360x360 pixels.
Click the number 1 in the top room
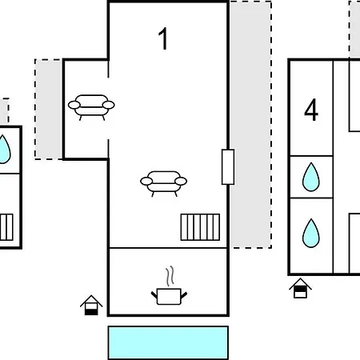(163, 38)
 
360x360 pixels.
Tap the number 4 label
(311, 110)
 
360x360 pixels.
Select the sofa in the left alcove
(91, 107)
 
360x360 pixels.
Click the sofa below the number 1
(163, 183)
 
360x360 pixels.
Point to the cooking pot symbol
(169, 296)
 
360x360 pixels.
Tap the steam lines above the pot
(170, 276)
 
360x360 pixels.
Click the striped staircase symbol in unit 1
(200, 227)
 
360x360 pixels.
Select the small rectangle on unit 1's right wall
(228, 167)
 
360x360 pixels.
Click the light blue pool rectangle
(168, 343)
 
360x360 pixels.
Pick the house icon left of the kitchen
(91, 305)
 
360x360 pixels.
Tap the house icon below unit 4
(300, 288)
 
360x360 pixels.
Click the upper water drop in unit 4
(311, 177)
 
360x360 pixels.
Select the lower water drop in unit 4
(311, 234)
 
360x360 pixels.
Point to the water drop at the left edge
(5, 150)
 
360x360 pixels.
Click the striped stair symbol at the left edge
(6, 227)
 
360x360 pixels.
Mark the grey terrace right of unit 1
(250, 125)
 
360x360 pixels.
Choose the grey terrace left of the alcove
(49, 110)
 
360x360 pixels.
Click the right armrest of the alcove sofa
(109, 105)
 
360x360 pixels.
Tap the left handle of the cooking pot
(154, 295)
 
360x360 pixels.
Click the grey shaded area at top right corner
(354, 30)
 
